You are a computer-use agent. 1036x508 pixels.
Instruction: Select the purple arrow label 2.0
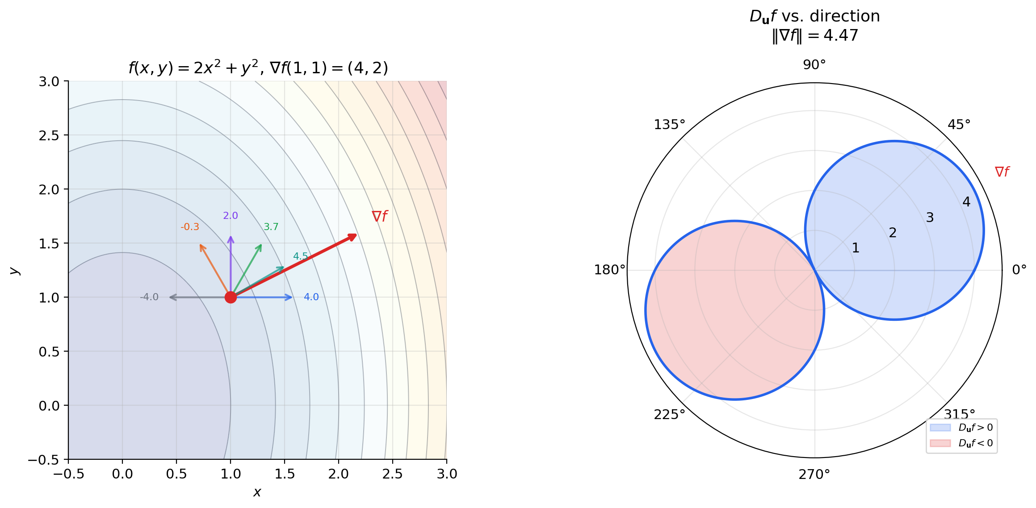pyautogui.click(x=231, y=216)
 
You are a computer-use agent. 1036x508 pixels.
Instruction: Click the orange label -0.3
pyautogui.click(x=190, y=227)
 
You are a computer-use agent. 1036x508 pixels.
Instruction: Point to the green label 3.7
pyautogui.click(x=271, y=227)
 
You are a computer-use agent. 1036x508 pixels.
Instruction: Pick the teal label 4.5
pyautogui.click(x=300, y=256)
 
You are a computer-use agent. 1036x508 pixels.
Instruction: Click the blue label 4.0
pyautogui.click(x=311, y=297)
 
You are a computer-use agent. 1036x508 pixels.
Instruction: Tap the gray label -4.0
pyautogui.click(x=149, y=297)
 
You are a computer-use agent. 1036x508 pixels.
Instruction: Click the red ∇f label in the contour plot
pyautogui.click(x=379, y=217)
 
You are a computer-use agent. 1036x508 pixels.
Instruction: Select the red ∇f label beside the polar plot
pyautogui.click(x=1002, y=172)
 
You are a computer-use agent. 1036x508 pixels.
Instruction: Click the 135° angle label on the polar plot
pyautogui.click(x=669, y=125)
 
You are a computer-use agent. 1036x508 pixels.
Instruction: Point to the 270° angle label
pyautogui.click(x=814, y=474)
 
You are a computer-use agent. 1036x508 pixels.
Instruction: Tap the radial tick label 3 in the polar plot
pyautogui.click(x=930, y=218)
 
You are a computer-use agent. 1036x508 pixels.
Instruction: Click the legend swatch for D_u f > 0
pyautogui.click(x=940, y=428)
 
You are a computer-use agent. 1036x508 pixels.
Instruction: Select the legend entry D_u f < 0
pyautogui.click(x=975, y=443)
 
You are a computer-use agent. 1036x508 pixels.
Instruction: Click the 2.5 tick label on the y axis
pyautogui.click(x=49, y=135)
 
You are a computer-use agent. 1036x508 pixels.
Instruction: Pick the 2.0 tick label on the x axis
pyautogui.click(x=338, y=474)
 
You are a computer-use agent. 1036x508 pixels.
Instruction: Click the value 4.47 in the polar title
pyautogui.click(x=840, y=35)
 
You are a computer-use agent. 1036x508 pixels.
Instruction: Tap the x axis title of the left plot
pyautogui.click(x=257, y=492)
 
